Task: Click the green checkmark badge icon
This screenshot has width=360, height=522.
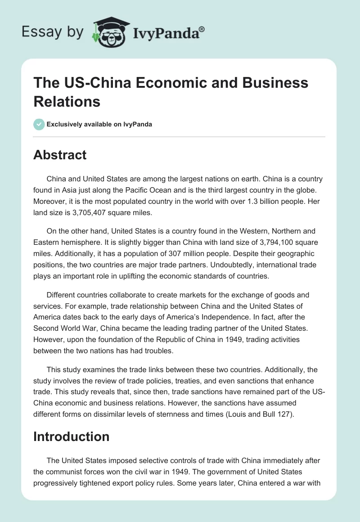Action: tap(39, 124)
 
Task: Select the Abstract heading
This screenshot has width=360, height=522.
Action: tap(60, 155)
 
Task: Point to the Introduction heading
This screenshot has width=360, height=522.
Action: tap(72, 436)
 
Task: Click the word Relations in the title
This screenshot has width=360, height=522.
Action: tap(67, 102)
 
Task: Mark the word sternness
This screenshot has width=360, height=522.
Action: tap(172, 415)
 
